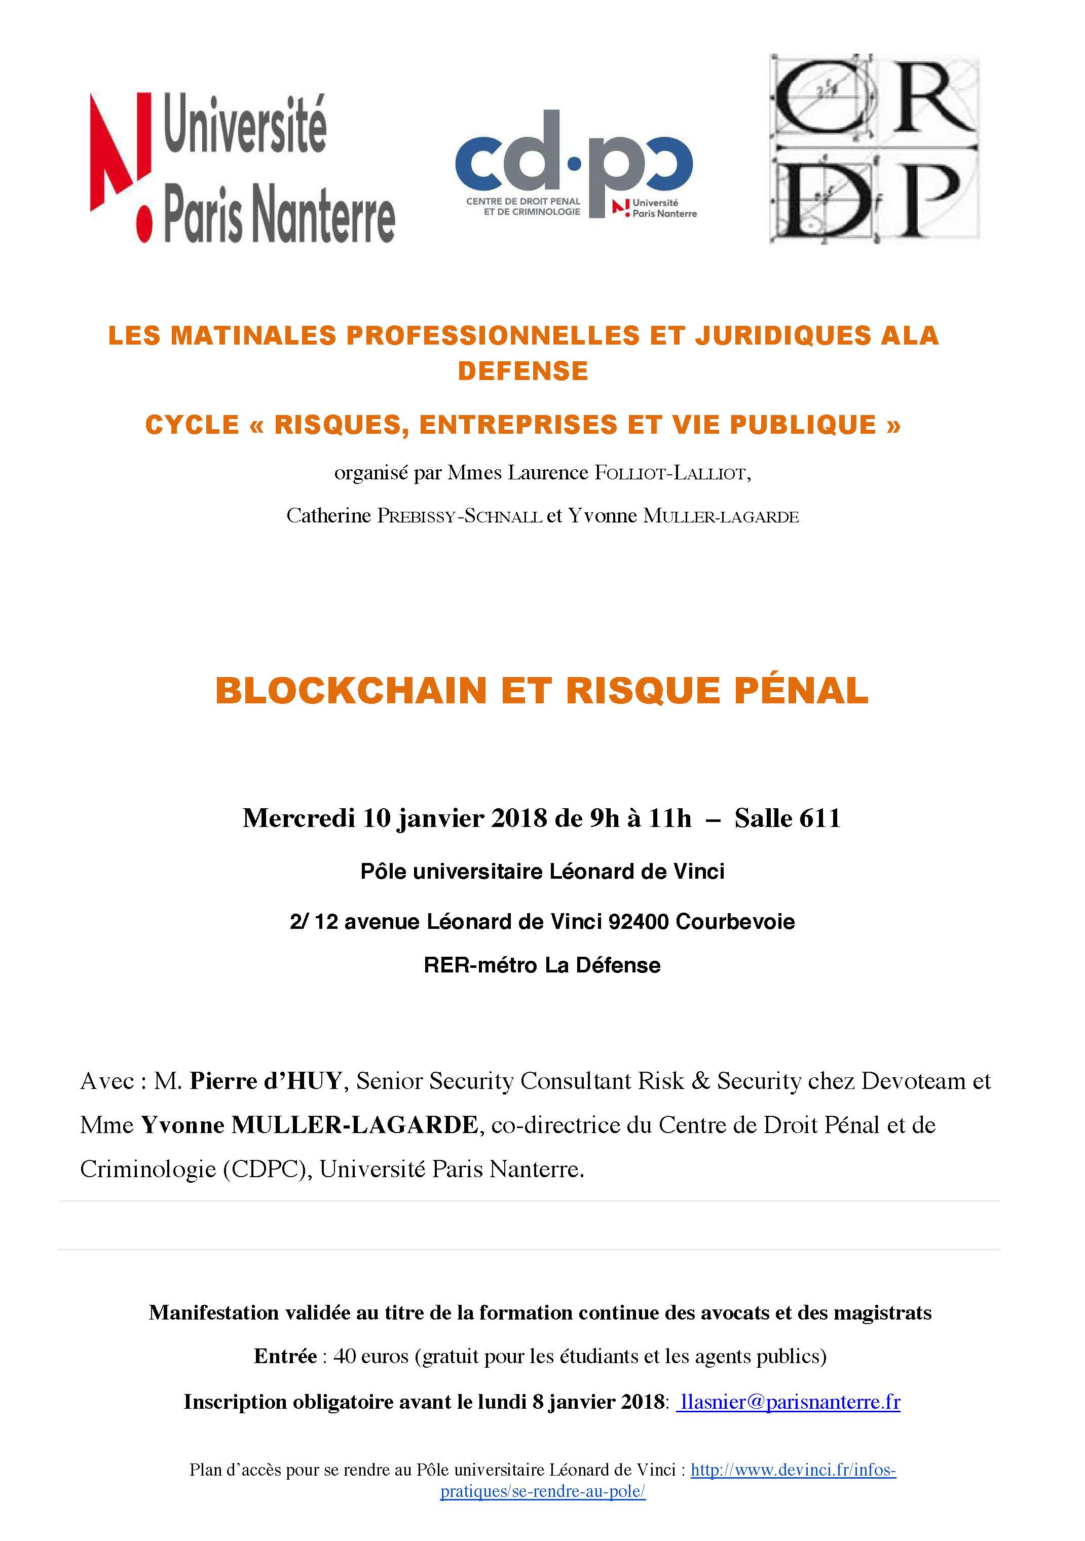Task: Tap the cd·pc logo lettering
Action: (574, 161)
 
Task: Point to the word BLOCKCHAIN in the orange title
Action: (351, 691)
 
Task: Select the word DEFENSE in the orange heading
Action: (522, 371)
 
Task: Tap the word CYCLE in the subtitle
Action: (192, 425)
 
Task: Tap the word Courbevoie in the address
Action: (735, 922)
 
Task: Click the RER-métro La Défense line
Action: (542, 965)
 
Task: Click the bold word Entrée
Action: (285, 1357)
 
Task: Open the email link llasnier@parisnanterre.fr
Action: (789, 1402)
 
